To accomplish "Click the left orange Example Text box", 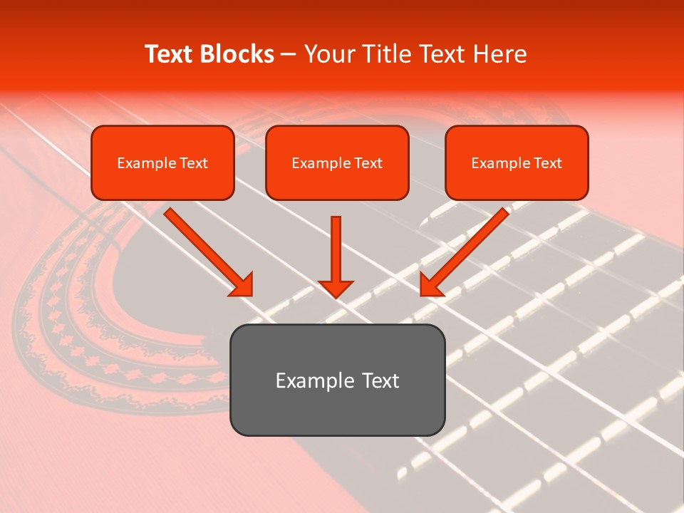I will (162, 162).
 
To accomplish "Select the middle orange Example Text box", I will (337, 162).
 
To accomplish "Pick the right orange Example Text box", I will (517, 162).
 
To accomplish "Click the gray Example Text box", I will (337, 380).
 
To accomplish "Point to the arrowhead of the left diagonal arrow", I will (242, 285).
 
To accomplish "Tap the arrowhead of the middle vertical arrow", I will (336, 288).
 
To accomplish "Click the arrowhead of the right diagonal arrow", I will (430, 285).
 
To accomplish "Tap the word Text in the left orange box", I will (193, 163).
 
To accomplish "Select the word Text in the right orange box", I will (547, 163).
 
